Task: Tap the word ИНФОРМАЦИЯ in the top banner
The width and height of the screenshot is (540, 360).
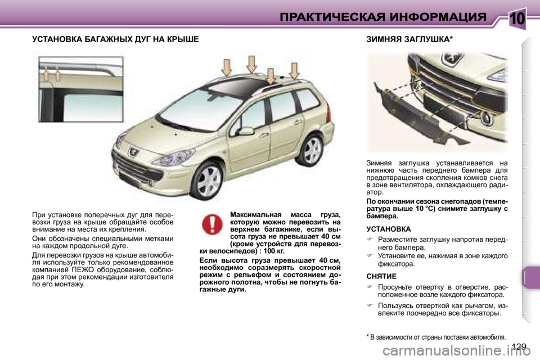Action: click(x=436, y=17)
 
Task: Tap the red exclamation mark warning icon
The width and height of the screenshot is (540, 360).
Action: click(x=212, y=224)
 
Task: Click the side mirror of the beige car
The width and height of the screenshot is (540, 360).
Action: click(x=246, y=131)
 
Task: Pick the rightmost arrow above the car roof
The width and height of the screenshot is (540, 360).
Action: click(x=294, y=70)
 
